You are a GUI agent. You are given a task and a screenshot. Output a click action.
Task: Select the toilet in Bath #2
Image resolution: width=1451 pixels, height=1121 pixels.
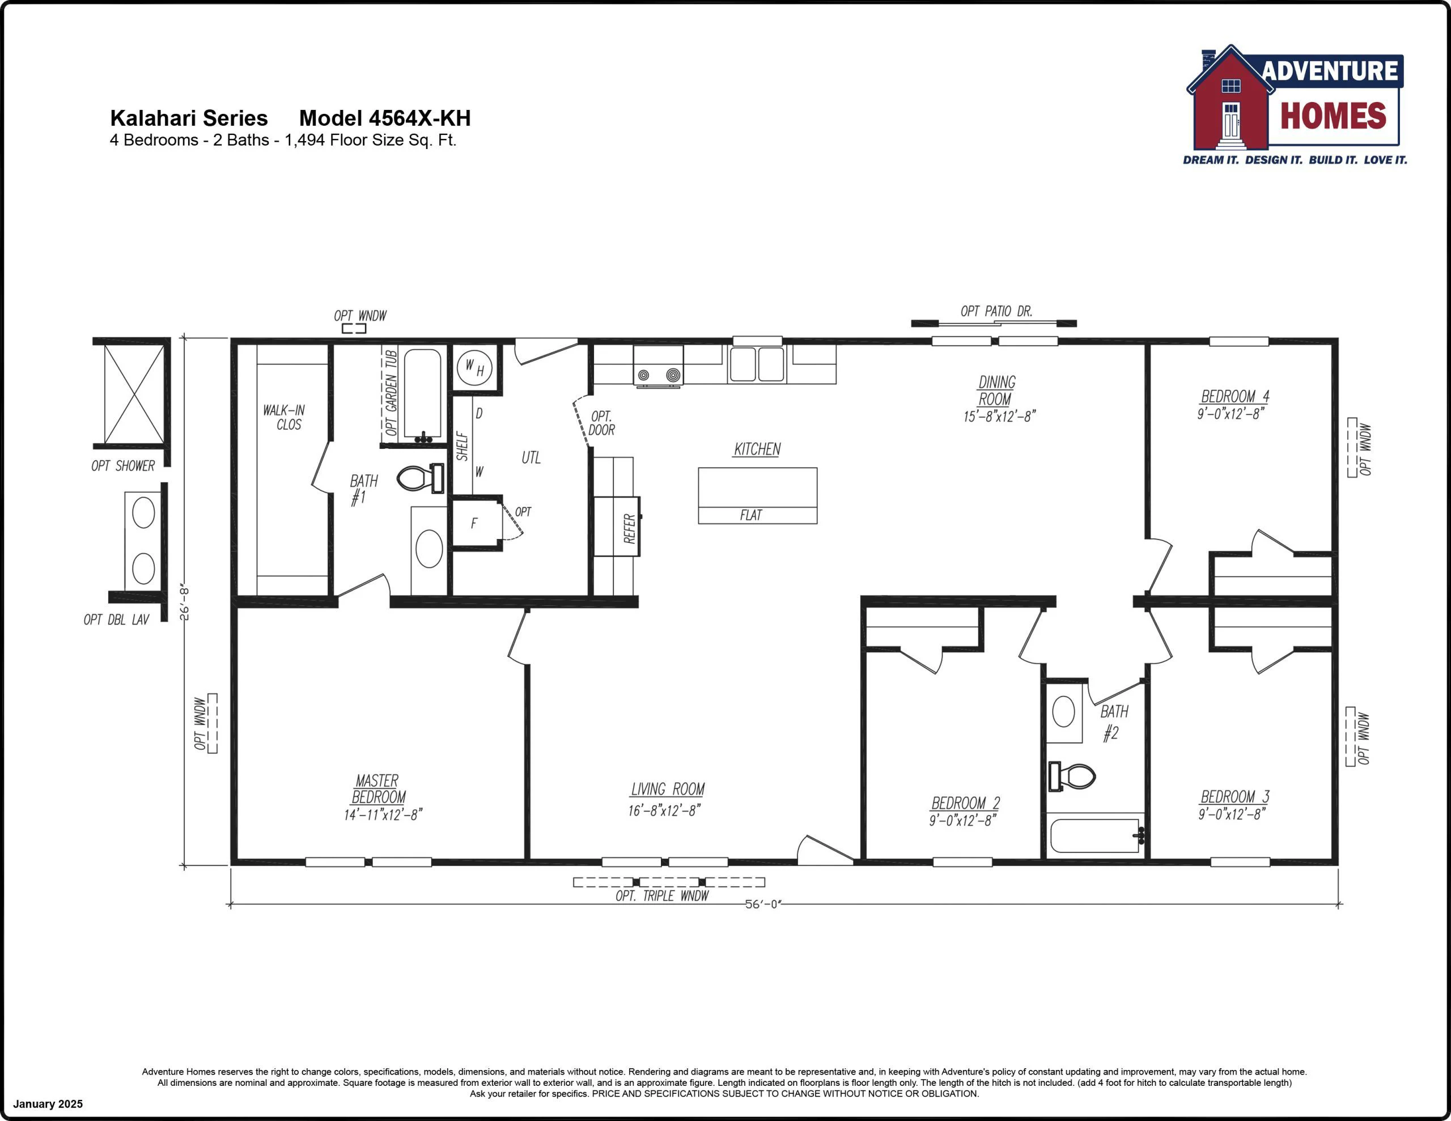click(1072, 775)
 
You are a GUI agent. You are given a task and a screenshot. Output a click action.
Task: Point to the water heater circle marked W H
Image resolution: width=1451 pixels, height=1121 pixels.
click(474, 367)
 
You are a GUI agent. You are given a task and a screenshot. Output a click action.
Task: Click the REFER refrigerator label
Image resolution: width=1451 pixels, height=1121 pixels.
click(629, 528)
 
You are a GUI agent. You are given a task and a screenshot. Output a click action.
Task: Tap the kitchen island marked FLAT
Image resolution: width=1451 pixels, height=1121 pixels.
click(757, 496)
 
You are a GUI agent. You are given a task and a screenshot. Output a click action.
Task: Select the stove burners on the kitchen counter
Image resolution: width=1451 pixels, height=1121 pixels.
click(657, 375)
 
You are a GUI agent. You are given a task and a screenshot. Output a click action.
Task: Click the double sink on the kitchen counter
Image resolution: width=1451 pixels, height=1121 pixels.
click(757, 364)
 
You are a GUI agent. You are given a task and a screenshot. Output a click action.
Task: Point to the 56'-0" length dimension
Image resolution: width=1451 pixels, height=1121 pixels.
click(763, 905)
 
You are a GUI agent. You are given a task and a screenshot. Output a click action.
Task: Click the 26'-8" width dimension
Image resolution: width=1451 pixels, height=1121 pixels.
click(185, 602)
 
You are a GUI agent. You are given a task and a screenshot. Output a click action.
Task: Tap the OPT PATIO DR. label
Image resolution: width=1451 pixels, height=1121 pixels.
click(996, 311)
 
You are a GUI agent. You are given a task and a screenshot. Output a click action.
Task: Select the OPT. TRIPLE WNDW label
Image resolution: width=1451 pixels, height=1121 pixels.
click(661, 896)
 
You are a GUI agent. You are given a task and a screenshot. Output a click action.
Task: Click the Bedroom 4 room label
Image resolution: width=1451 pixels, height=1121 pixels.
click(1234, 397)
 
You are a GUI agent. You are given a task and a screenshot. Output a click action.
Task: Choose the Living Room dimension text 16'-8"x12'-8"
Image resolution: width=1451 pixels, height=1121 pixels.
click(664, 810)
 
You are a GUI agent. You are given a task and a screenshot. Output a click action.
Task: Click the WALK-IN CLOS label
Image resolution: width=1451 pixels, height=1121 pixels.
click(285, 417)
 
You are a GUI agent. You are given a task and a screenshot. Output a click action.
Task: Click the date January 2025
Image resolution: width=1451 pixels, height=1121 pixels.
click(48, 1104)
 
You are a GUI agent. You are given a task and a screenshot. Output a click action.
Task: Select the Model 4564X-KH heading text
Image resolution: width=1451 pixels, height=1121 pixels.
click(385, 118)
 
